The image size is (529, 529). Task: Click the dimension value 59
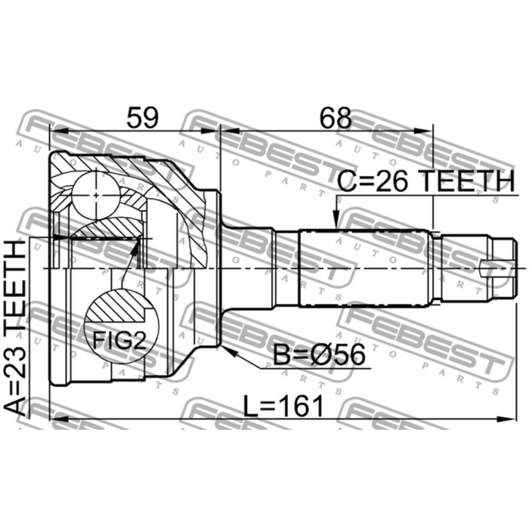[x=142, y=117]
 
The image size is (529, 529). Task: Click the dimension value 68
[x=336, y=117]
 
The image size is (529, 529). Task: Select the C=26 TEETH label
[x=426, y=181]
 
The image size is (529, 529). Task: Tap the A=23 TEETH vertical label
[x=15, y=327]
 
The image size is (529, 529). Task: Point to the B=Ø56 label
[x=319, y=354]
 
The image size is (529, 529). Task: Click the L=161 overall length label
[x=283, y=406]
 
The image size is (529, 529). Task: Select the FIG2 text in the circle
[x=119, y=340]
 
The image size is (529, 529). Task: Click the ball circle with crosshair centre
[x=96, y=195]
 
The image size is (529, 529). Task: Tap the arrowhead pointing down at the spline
[x=336, y=220]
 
